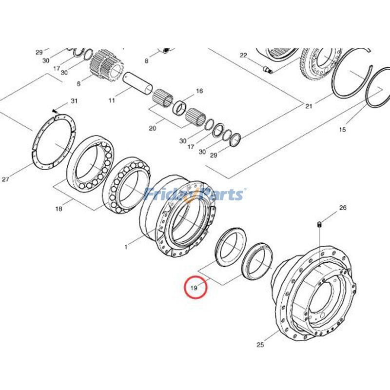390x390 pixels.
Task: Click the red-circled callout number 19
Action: [x=195, y=288]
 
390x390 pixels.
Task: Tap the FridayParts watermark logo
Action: [x=195, y=195]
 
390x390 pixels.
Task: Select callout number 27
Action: [x=5, y=179]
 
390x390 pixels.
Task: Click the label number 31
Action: [x=74, y=101]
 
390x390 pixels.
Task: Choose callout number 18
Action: [x=59, y=209]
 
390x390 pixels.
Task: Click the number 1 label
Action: [x=126, y=247]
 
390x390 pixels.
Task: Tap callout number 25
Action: [x=260, y=345]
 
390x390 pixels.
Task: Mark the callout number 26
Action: [x=343, y=208]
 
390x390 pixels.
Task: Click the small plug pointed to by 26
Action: [x=318, y=224]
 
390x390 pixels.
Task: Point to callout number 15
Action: [x=342, y=129]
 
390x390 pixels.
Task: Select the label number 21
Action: [x=308, y=106]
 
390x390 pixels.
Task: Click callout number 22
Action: [x=243, y=55]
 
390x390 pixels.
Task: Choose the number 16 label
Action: [x=199, y=91]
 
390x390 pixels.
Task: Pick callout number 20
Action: [x=153, y=128]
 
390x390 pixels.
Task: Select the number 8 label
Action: [x=146, y=61]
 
